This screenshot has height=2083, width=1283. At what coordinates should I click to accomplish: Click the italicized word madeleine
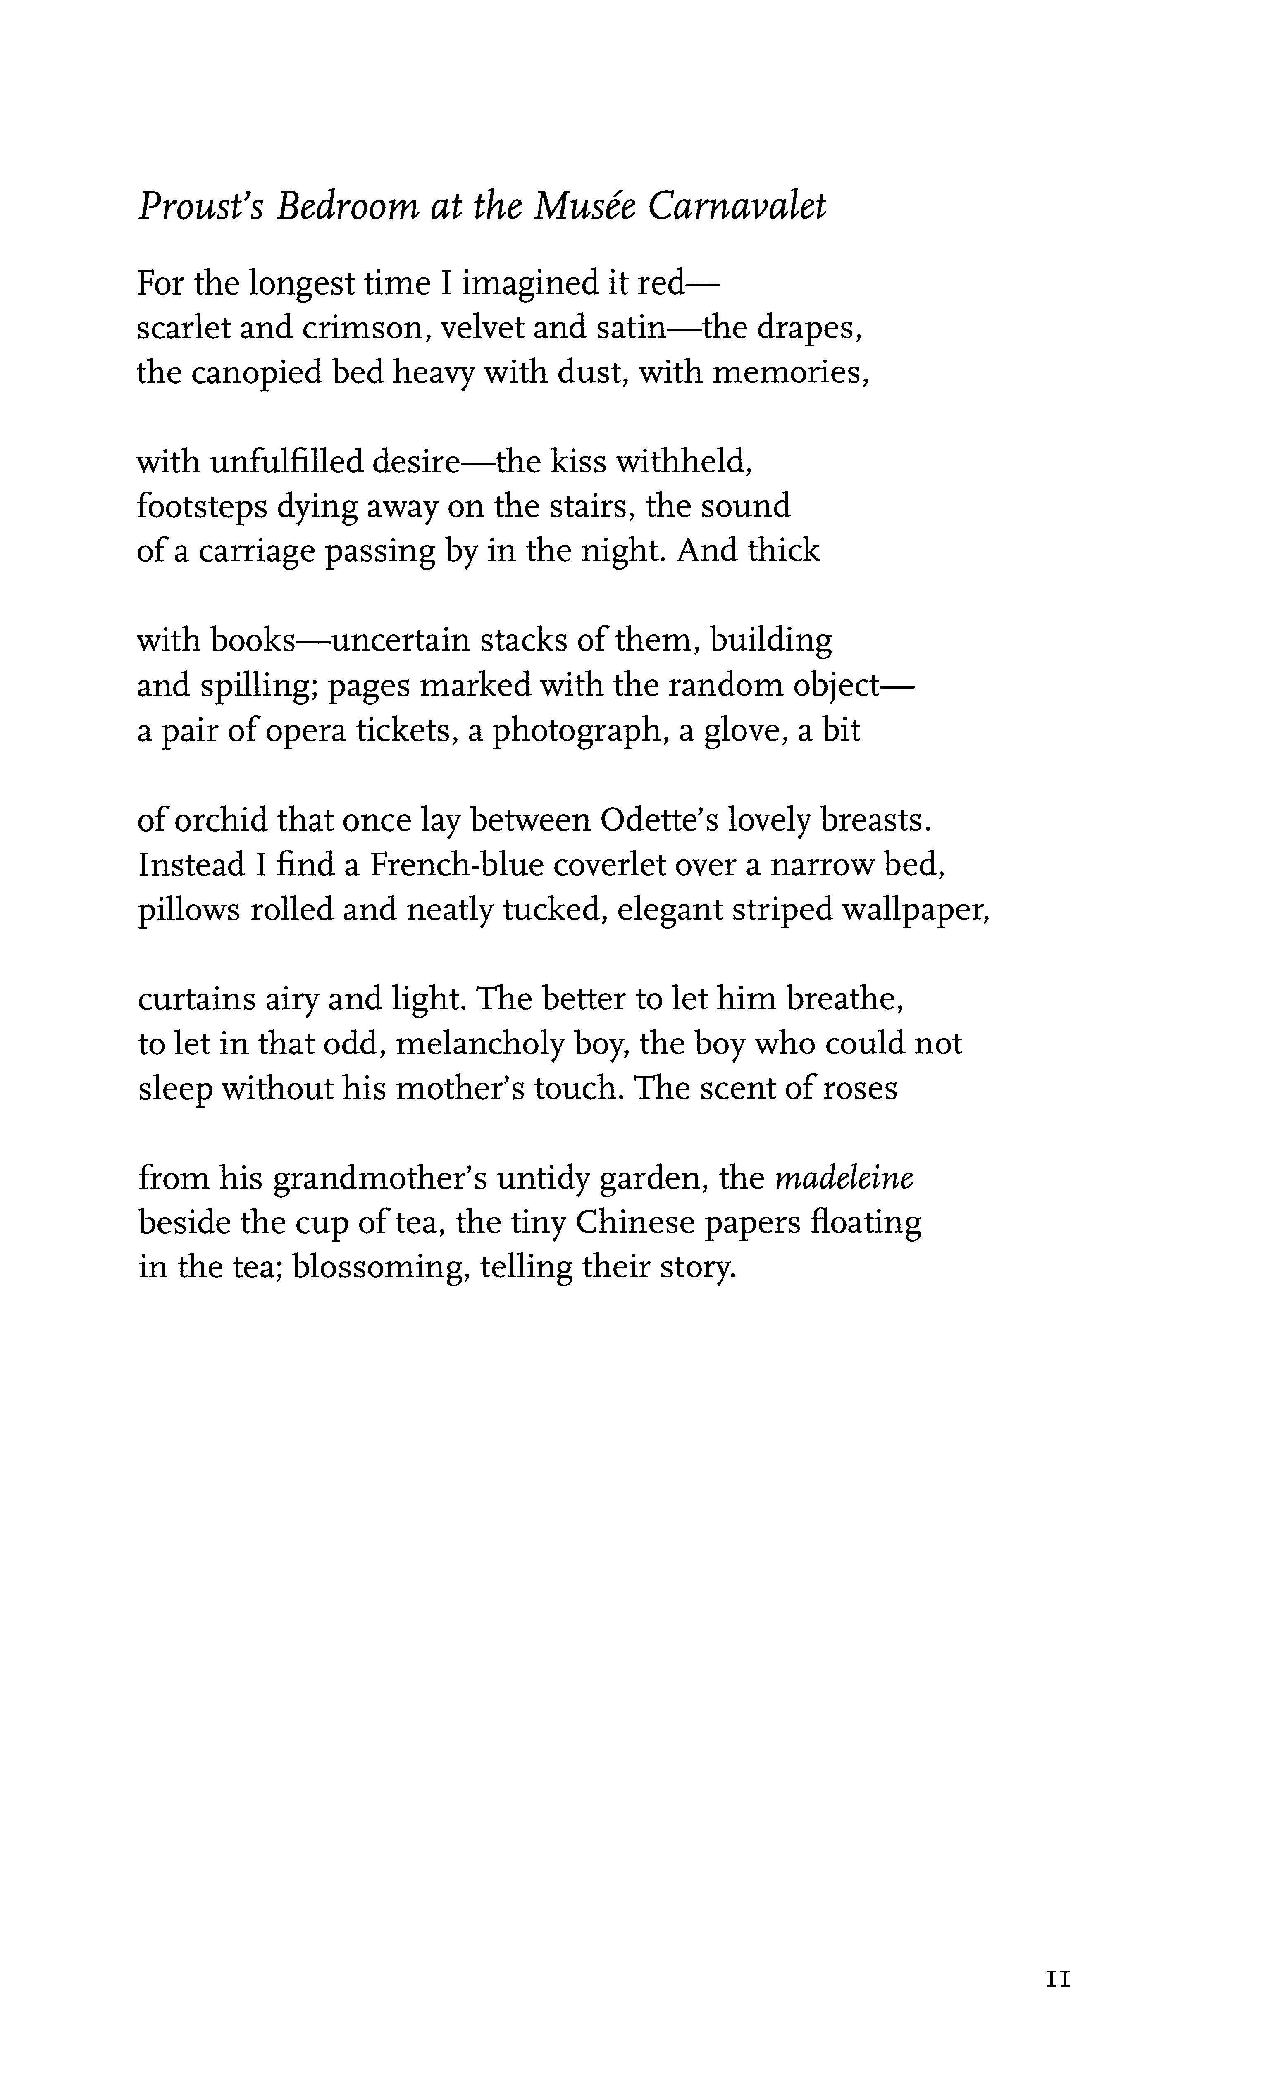pyautogui.click(x=844, y=1179)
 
